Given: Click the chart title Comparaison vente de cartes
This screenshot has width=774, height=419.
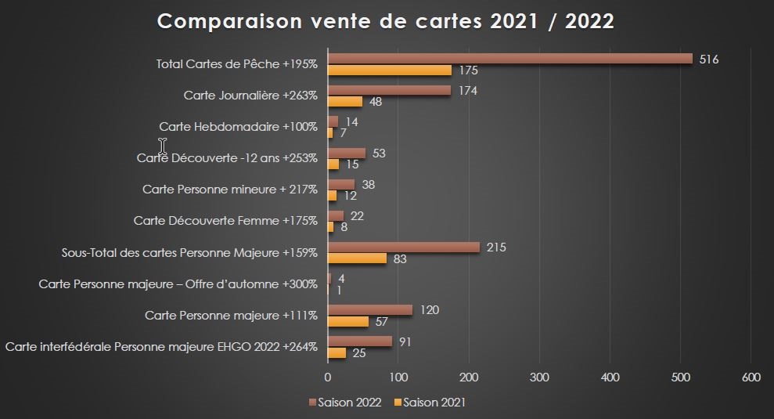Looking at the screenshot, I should point(386,21).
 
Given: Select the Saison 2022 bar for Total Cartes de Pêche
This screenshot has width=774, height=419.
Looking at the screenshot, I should point(509,59).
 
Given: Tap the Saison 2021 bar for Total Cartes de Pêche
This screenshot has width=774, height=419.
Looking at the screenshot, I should point(389,70).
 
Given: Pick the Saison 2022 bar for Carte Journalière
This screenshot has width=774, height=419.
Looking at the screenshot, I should point(389,90).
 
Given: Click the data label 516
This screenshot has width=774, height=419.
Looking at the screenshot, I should point(709,59).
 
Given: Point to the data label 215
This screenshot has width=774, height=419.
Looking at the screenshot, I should point(496,247).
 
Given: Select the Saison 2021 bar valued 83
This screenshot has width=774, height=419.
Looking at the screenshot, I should point(357,258).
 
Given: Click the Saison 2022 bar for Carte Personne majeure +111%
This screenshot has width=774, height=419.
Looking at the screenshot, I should point(370,310).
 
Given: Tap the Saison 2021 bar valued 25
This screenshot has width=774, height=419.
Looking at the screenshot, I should point(337,352).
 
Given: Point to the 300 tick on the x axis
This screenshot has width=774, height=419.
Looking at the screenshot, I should point(539,377).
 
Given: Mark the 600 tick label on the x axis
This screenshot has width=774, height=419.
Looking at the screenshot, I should point(751,377).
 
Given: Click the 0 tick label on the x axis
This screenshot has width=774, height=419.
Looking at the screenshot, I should point(328,377).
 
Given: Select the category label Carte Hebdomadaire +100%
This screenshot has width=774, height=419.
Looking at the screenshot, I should point(238,127).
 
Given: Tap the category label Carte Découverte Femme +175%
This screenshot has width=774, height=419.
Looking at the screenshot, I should point(225,221).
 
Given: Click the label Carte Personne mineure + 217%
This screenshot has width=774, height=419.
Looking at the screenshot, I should point(230,190).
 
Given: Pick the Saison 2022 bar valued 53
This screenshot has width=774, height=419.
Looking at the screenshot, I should point(347,153).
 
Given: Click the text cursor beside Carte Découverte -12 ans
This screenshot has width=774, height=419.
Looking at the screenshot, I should point(163,146).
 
